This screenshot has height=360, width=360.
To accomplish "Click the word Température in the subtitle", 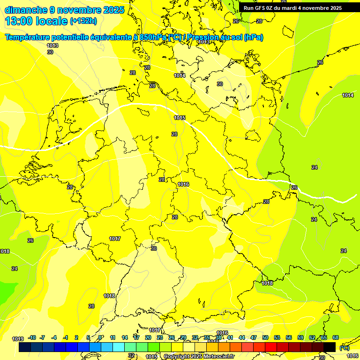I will (28, 37).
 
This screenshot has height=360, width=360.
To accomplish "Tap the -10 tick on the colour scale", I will (32, 337).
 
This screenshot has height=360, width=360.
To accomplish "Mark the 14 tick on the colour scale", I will (125, 337).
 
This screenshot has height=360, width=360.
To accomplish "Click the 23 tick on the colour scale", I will (160, 337).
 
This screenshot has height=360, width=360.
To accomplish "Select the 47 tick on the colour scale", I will (254, 337).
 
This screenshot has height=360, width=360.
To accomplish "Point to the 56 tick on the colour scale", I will (289, 337).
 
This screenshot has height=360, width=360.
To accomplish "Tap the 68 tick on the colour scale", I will (336, 337).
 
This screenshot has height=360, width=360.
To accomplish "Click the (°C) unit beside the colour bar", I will (345, 348).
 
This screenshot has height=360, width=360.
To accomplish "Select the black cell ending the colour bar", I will (330, 347).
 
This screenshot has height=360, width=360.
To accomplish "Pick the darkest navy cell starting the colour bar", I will (25, 347).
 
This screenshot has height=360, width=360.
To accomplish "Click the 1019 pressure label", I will (18, 339).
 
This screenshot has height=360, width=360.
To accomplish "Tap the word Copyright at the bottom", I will (177, 357).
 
